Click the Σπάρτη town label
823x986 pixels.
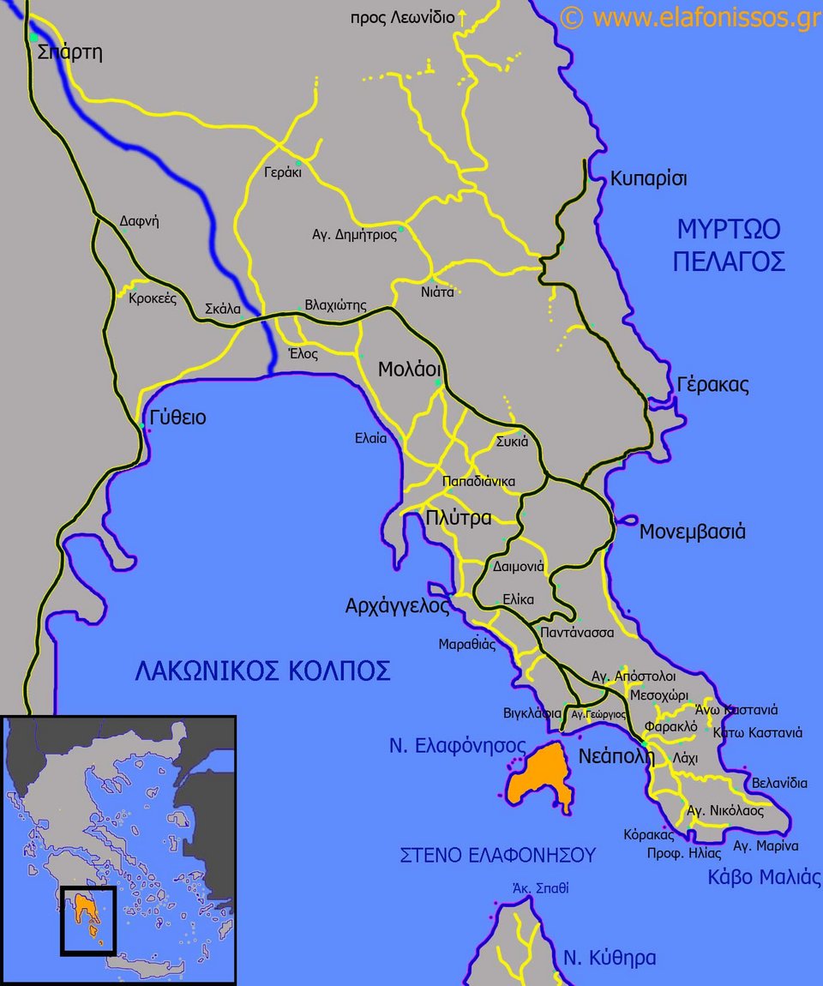[x=70, y=52]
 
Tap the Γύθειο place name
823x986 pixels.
[x=177, y=418]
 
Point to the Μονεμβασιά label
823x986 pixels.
[x=693, y=532]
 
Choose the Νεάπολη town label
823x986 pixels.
[x=616, y=756]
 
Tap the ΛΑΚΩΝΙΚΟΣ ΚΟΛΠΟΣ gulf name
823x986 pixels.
[x=262, y=670]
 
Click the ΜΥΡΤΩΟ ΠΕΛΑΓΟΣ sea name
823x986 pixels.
[x=729, y=245]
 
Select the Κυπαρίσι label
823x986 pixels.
[x=649, y=179]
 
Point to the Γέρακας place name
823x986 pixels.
[x=712, y=385]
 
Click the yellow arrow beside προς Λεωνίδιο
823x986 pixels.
[x=462, y=17]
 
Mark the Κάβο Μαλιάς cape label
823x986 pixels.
[x=764, y=877]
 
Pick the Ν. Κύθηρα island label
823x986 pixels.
[x=610, y=958]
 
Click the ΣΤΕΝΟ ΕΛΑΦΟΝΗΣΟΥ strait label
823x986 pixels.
[x=497, y=855]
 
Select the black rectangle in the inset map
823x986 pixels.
[x=87, y=921]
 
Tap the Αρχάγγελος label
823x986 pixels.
[x=397, y=606]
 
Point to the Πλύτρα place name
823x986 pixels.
[x=459, y=518]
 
